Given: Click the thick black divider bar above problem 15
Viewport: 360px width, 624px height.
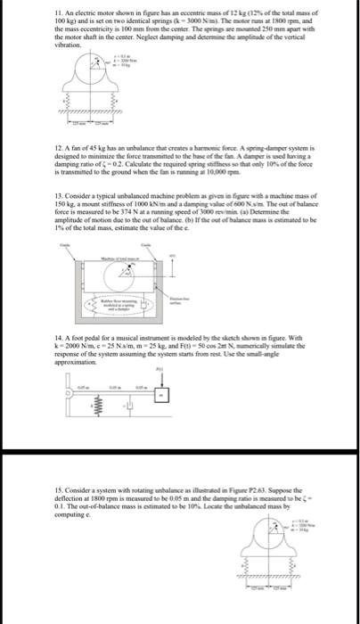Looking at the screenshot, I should (x=180, y=462).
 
